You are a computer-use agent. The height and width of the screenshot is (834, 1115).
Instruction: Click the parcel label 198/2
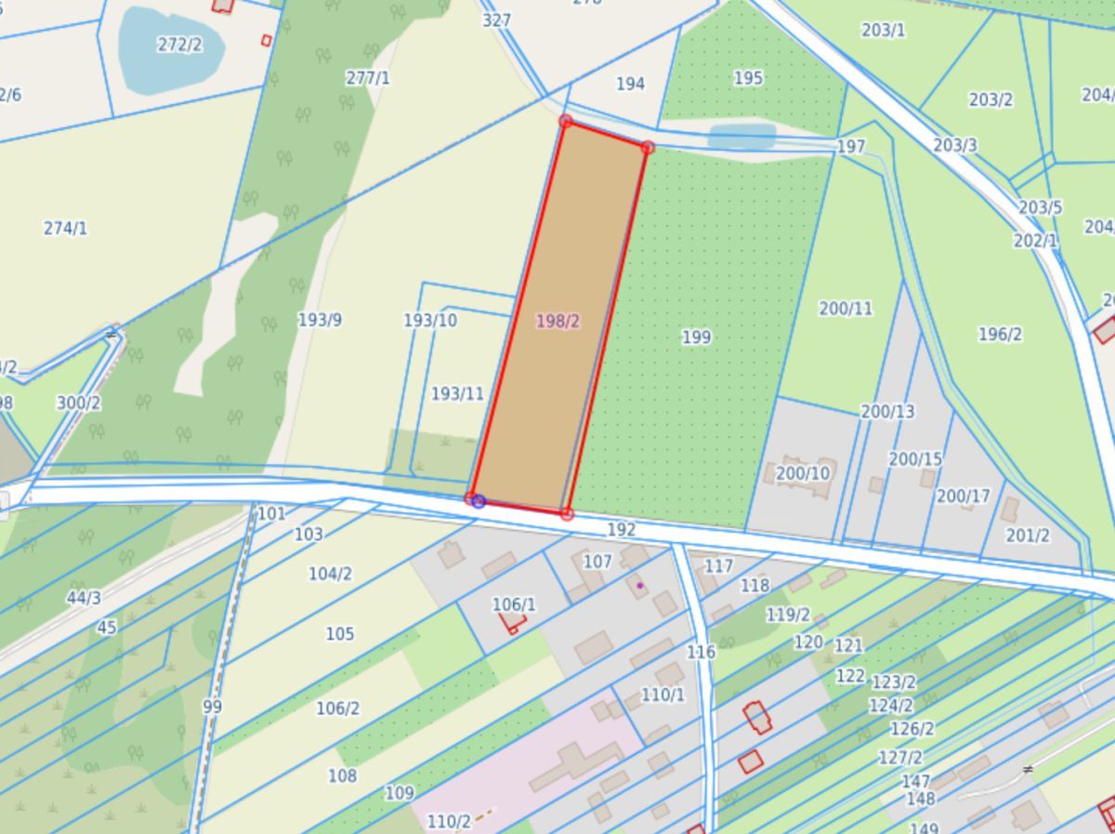coord(557,321)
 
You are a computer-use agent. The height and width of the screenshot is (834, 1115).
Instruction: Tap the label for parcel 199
coord(696,337)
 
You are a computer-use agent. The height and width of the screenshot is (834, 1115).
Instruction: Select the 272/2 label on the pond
coord(179,45)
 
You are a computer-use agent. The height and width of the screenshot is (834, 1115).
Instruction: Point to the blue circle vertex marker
coord(479,501)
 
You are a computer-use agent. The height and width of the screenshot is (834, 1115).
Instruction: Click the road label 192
coord(621,529)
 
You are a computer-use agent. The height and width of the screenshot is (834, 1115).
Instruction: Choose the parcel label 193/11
coord(457,393)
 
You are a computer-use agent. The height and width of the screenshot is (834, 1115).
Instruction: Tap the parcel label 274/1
coord(65,228)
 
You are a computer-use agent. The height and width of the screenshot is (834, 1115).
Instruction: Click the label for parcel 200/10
coord(803,473)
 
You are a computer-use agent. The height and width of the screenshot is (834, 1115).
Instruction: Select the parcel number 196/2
coord(1000,334)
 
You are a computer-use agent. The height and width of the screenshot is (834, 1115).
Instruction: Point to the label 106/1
coord(513,604)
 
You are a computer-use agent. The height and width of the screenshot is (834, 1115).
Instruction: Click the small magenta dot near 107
coord(640,585)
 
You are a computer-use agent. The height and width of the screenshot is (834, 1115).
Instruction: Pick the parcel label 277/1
coord(367,78)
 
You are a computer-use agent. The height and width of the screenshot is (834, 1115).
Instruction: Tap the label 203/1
coord(883,30)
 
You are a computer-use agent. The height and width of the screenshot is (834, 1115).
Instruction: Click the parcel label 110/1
coord(662,695)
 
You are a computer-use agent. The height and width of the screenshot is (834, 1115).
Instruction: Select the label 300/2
coord(78,403)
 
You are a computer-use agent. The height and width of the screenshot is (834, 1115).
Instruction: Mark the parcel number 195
coord(748,78)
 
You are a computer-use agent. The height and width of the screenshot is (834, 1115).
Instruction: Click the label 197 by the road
coord(850,147)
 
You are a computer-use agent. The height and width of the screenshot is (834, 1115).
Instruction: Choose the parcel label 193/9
coord(320,320)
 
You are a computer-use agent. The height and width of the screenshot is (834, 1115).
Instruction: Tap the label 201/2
coord(1028,536)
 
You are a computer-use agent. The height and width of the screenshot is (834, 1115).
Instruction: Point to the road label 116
coord(701,652)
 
